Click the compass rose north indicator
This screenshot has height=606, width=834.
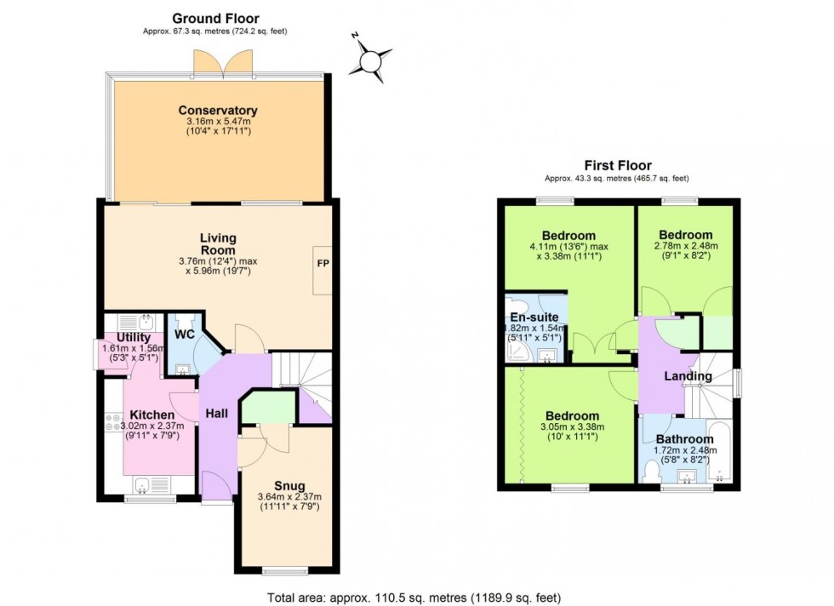coord(372,60)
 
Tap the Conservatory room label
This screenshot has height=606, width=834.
coord(218,111)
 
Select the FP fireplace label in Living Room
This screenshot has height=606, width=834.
coord(323,263)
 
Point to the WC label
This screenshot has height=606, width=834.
coord(185,334)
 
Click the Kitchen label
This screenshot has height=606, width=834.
coord(151,414)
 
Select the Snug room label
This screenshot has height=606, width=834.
coord(289,486)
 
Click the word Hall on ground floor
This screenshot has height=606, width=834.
coord(216,413)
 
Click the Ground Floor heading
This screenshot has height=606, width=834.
coord(215,18)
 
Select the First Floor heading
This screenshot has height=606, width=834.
coord(617,165)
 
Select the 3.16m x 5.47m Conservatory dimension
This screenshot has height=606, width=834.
coord(218,123)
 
